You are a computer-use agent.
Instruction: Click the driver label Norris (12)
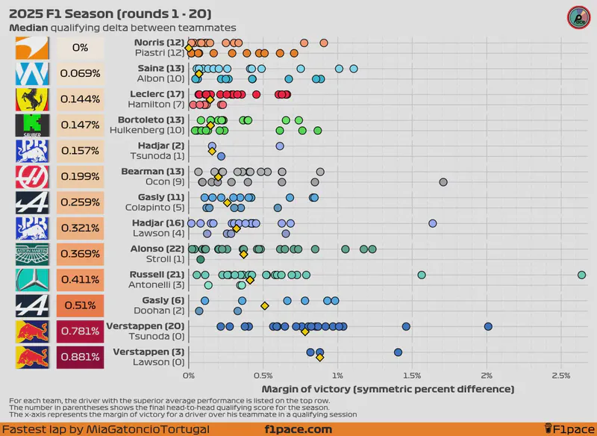pyautogui.click(x=159, y=43)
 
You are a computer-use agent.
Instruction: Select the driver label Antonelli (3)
pyautogui.click(x=159, y=284)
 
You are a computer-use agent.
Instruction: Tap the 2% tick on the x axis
pyautogui.click(x=487, y=376)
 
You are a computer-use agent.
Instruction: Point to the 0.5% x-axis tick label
pyautogui.click(x=263, y=376)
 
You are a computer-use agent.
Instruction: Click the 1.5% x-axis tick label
pyautogui.click(x=412, y=376)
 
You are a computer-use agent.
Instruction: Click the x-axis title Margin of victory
pyautogui.click(x=388, y=389)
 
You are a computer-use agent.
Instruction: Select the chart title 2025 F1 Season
pyautogui.click(x=110, y=14)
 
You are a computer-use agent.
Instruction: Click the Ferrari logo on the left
pyautogui.click(x=32, y=99)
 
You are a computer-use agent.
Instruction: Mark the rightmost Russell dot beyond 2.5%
pyautogui.click(x=581, y=275)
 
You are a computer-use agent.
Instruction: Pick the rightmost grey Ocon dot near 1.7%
pyautogui.click(x=443, y=182)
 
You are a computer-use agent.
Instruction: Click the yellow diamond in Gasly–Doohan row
pyautogui.click(x=264, y=306)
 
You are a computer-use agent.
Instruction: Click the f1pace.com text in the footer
pyautogui.click(x=298, y=429)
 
